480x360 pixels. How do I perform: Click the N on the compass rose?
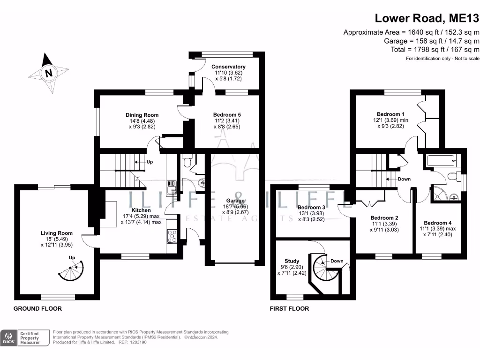[x=48, y=73]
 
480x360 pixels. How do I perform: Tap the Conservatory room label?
[x=228, y=67]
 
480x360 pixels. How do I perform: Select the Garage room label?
[x=235, y=201]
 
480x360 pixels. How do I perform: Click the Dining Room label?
[x=142, y=115]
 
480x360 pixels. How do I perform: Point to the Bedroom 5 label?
[x=227, y=115]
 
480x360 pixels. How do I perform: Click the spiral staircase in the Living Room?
[x=71, y=270]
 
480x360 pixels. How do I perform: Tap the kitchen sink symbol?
[x=172, y=187]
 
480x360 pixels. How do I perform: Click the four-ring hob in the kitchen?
[x=172, y=236]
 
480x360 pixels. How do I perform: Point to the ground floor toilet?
[x=187, y=161]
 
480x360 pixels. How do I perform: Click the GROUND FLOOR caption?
[x=37, y=308]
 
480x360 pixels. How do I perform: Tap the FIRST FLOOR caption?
[x=289, y=308]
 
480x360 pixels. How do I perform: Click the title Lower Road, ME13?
[x=427, y=18]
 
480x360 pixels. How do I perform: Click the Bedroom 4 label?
[x=437, y=223]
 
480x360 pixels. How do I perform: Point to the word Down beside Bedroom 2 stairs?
[x=404, y=179]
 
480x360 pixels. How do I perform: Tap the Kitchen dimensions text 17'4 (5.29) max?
[x=141, y=216]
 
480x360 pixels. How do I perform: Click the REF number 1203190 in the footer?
[x=138, y=342]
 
